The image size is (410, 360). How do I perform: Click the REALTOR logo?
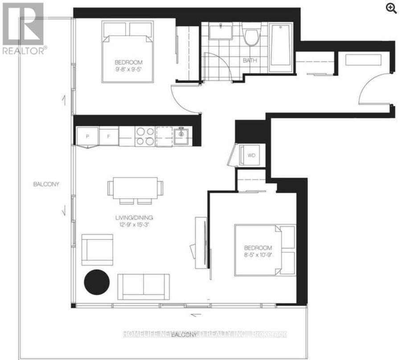coord(23,28)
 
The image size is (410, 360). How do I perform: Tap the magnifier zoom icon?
coord(392,8)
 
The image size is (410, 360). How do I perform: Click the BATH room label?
coord(250,61)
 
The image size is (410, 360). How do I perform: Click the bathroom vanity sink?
coord(220,32)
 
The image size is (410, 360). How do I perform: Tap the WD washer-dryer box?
coord(252,155)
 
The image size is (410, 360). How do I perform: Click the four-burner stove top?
coord(144,136)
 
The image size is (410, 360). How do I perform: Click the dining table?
coord(135,188)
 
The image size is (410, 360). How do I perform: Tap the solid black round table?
coord(97,282)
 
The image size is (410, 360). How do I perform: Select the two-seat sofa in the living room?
coord(143,286)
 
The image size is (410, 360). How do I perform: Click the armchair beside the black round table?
coord(97,249)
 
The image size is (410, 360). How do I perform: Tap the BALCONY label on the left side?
coord(46,184)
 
